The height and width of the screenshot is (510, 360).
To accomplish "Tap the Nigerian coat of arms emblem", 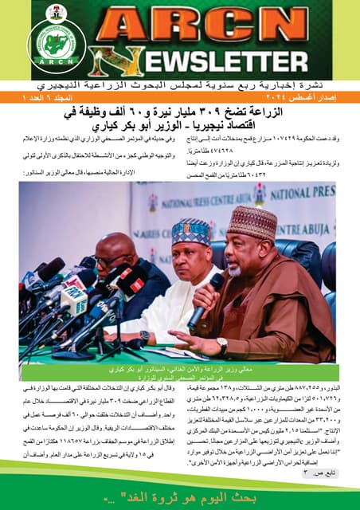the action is (x=55, y=14).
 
